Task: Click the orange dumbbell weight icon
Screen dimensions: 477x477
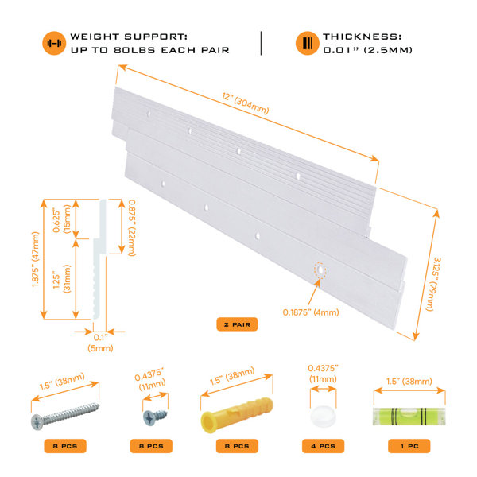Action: [54, 43]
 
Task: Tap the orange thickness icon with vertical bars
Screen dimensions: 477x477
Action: [307, 43]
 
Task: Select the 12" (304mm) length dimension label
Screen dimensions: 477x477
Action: [245, 103]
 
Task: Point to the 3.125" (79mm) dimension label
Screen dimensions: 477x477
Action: [433, 284]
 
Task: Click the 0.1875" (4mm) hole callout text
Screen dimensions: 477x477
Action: [311, 312]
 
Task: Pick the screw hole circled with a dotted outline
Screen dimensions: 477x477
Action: [320, 270]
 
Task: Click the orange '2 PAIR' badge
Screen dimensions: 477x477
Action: [237, 324]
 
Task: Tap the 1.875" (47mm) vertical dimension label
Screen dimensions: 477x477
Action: [36, 259]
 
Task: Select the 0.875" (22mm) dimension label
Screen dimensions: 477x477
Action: [132, 227]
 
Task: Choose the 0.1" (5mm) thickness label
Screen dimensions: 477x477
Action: [100, 343]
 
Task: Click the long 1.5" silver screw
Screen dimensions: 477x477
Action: [65, 416]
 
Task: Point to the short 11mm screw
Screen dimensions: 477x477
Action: [155, 417]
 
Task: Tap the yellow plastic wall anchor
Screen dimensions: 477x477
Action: [237, 415]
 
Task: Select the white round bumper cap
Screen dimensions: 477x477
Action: [323, 417]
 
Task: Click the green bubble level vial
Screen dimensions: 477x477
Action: [409, 417]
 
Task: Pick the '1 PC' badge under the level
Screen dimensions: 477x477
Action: [409, 446]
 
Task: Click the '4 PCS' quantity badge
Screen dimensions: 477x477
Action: [323, 446]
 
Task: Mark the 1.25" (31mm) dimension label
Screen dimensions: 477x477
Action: [61, 279]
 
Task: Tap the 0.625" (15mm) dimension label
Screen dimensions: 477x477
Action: [61, 219]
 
